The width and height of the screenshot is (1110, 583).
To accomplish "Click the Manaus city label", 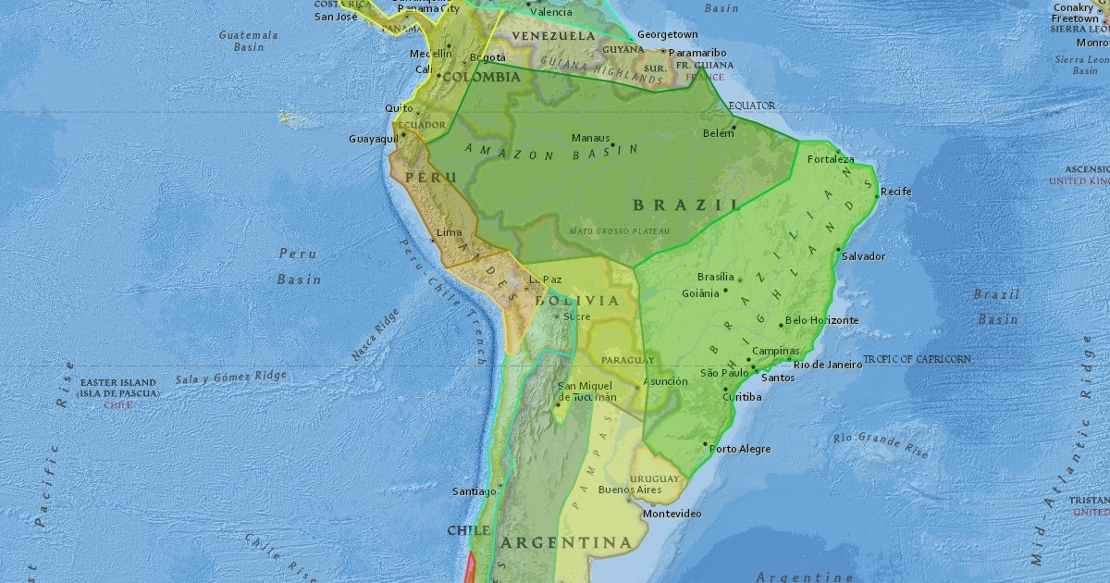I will coord(590,138).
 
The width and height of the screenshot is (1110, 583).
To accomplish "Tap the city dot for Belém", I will coord(734,127).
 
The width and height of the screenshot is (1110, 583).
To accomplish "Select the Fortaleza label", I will coord(831,159).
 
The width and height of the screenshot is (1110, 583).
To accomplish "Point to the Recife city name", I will coord(895,192).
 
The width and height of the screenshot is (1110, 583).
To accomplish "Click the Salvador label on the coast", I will coord(864,256).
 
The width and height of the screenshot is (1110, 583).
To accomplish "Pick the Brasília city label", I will coord(715,277).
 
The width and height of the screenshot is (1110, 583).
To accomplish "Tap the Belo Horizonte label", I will coord(821,320).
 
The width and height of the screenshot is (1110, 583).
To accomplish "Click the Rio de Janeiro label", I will coord(828,365).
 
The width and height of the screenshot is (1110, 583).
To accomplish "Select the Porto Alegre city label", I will coord(741,449).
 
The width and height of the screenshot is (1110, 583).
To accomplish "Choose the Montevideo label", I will coord(672,514).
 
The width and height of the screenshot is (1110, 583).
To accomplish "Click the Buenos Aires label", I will coord(630,490).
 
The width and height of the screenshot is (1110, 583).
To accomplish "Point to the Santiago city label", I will coord(475,491).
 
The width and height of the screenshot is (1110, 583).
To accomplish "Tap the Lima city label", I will coord(449,232).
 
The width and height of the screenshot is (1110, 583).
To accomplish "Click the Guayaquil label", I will coord(374,139).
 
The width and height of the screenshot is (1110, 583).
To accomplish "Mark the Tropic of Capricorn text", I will coord(918,359).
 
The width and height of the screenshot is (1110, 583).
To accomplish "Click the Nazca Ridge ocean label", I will coord(376,335).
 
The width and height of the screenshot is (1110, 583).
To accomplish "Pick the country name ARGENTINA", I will coord(566,542).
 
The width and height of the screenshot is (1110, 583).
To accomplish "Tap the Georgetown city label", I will coord(667,34).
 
